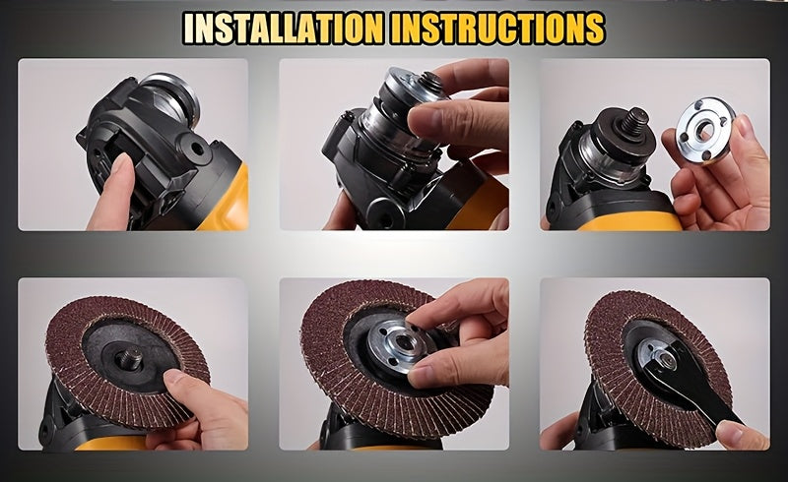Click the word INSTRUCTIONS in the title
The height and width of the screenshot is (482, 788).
(497, 28)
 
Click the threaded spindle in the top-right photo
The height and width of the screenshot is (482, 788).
(634, 122)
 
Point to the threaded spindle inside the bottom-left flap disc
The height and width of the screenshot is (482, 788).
(129, 359)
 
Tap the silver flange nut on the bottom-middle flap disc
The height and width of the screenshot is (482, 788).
(397, 346)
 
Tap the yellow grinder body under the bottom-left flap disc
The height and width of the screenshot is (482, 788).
(110, 443)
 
